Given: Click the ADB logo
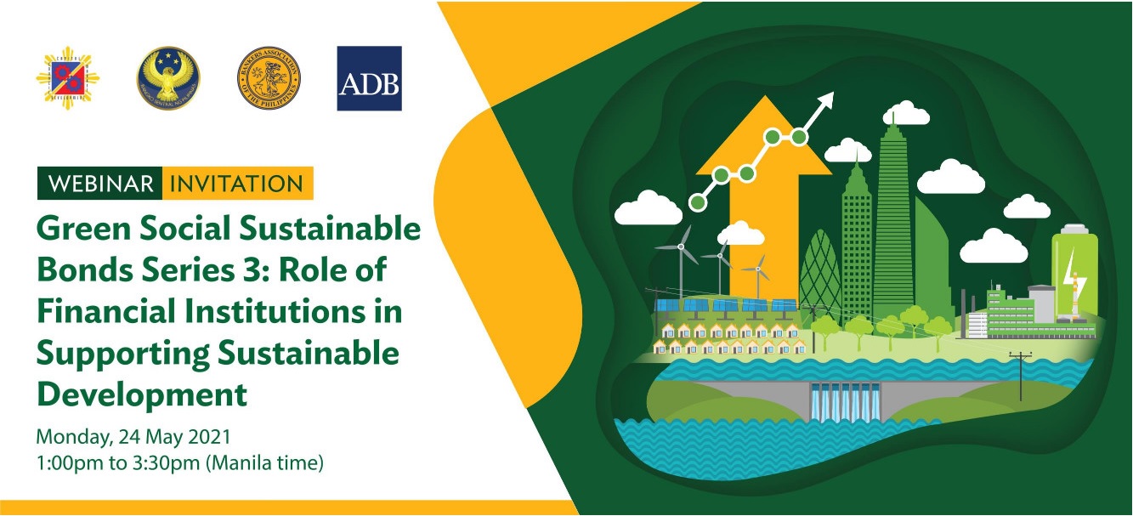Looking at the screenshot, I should coord(369,78).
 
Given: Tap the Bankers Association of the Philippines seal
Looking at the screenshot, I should coord(269,78).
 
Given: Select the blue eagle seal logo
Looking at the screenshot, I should coord(168,78).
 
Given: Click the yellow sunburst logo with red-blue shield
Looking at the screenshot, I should coord(68,79).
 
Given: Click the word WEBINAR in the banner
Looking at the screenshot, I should coord(100,184).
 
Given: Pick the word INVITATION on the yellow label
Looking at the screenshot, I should coord(237,184).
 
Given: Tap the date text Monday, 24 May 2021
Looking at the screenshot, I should coord(133,439).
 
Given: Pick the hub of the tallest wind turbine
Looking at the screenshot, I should coord(681,247).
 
